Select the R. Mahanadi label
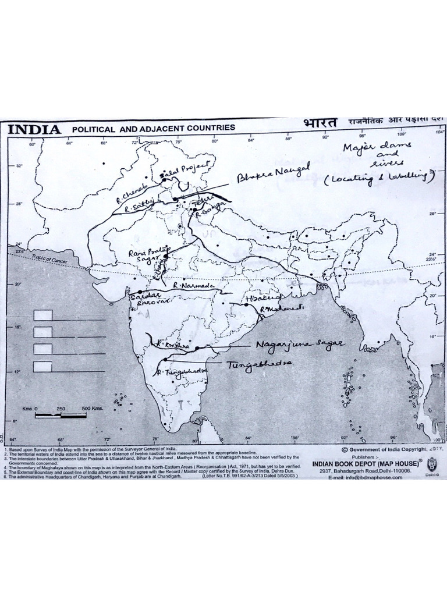(x=277, y=308)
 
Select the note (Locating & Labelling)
(x=379, y=178)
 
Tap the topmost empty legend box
(x=43, y=315)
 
